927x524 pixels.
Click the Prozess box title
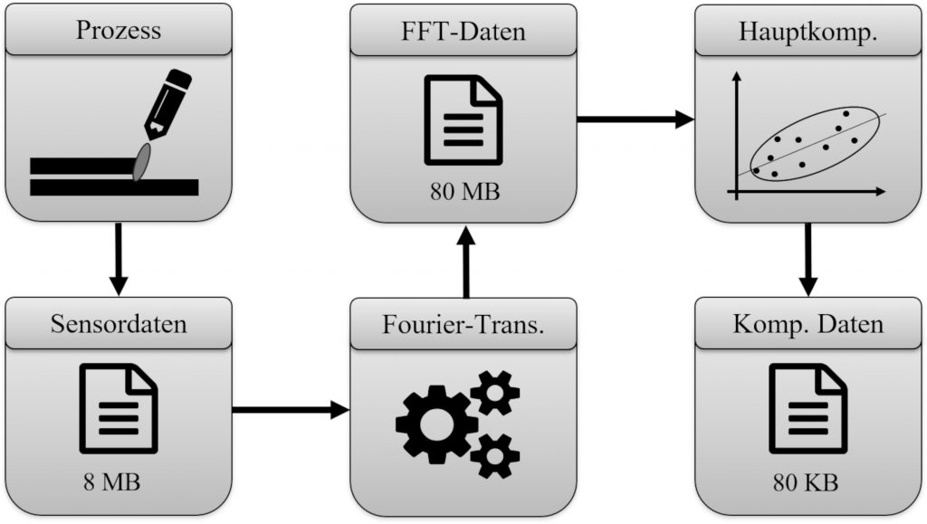click(119, 31)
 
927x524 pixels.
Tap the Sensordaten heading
click(119, 323)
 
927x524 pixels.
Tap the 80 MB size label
click(463, 192)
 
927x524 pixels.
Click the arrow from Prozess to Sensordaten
click(119, 258)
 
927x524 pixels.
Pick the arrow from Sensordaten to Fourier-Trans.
click(291, 410)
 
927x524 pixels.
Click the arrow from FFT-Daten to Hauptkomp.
click(635, 118)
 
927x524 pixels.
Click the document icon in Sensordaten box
click(119, 407)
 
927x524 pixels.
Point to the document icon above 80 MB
click(463, 120)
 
